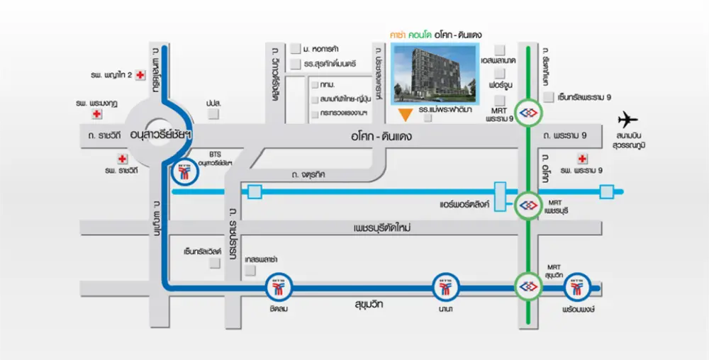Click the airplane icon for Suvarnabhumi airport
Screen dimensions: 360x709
click(x=627, y=118)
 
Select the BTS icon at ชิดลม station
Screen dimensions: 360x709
click(x=277, y=288)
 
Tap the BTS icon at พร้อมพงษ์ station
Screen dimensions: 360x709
click(x=576, y=288)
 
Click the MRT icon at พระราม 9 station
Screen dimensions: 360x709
click(x=527, y=113)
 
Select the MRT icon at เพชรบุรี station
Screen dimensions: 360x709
click(x=527, y=205)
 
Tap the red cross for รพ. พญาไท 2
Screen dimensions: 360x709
click(x=140, y=74)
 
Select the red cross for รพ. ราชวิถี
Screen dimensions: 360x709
click(x=123, y=159)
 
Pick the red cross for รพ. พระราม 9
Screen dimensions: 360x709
click(x=583, y=158)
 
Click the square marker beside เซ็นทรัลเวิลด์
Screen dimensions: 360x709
click(x=213, y=263)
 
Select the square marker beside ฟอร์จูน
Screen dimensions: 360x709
click(x=499, y=84)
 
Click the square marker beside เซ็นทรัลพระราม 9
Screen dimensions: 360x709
click(x=547, y=97)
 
